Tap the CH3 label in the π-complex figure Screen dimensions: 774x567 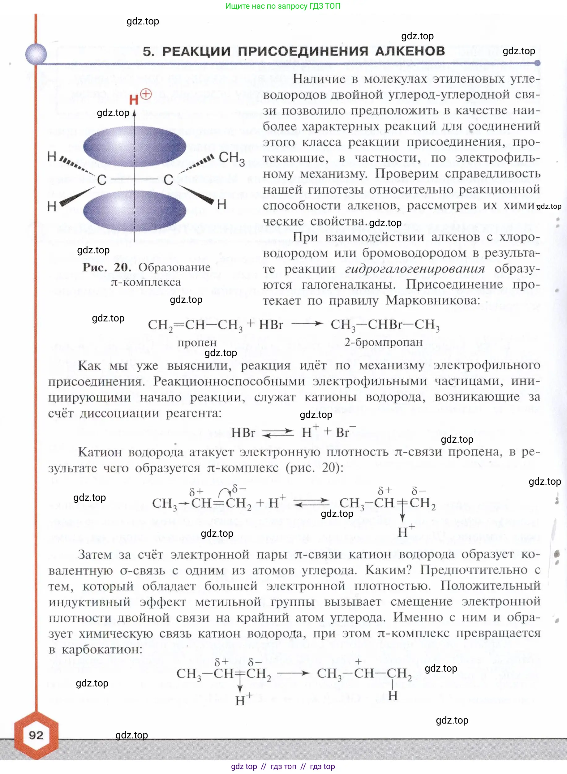[232, 158]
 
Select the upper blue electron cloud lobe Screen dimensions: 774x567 [135, 146]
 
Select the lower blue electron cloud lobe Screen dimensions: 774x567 [135, 210]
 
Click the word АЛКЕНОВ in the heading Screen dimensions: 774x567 [410, 51]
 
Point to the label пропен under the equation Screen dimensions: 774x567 [197, 342]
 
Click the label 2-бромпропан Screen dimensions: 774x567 [383, 342]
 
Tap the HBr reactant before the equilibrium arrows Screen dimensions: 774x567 [243, 432]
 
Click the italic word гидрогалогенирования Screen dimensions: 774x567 [415, 269]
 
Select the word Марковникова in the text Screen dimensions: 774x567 [432, 301]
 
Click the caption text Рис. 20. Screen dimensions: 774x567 [106, 267]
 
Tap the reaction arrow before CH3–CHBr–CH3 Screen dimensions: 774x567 [307, 324]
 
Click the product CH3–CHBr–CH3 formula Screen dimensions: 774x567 [385, 325]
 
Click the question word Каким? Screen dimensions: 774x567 [388, 570]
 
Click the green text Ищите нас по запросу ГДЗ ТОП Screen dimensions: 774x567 [283, 6]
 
